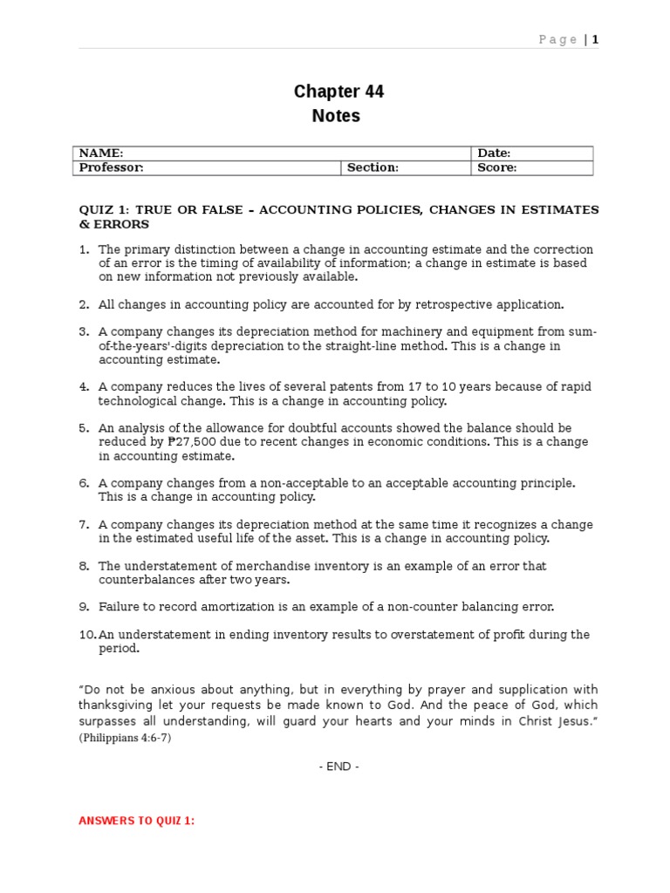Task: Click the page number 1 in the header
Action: pos(597,39)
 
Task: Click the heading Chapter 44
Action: pos(338,92)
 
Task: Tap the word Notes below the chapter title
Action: pos(336,116)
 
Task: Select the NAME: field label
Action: pos(101,153)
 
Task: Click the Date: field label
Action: pos(494,153)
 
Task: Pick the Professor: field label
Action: pos(112,167)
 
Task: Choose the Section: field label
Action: pos(373,167)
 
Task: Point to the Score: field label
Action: pos(496,167)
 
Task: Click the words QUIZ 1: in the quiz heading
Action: pos(104,210)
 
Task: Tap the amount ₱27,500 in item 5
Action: pos(191,442)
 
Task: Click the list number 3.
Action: pos(84,332)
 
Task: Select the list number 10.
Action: pos(87,635)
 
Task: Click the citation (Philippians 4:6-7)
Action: pos(126,737)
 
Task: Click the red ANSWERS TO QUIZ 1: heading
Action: pos(137,821)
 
